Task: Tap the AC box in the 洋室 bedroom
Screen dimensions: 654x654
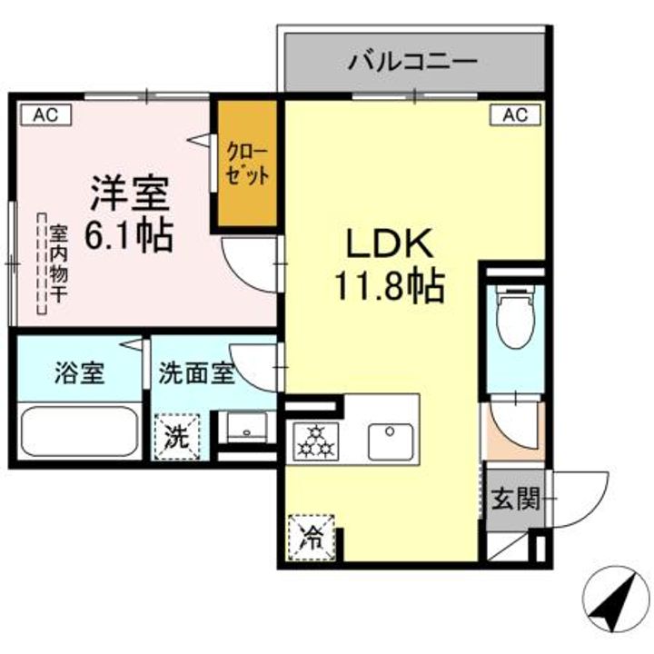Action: coord(40,114)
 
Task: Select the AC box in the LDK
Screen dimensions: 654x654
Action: coord(514,114)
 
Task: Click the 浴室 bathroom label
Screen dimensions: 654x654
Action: coord(78,373)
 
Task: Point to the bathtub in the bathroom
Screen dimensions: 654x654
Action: coord(78,431)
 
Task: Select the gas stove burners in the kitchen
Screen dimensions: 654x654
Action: coord(314,441)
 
